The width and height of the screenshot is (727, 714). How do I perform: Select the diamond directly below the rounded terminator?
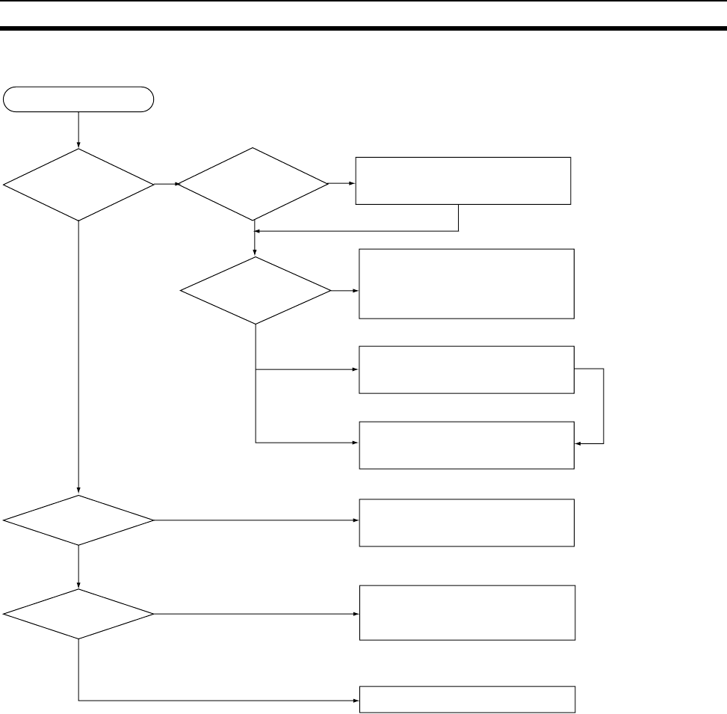pyautogui.click(x=78, y=184)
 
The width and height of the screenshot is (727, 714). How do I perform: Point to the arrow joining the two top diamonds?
pyautogui.click(x=166, y=184)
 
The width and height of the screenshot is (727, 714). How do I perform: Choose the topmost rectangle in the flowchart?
pyautogui.click(x=463, y=180)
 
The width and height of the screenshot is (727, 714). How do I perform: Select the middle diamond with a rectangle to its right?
pyautogui.click(x=256, y=290)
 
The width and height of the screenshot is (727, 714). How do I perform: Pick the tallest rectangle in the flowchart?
pyautogui.click(x=467, y=284)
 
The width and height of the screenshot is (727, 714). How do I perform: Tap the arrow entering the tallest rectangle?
pyautogui.click(x=345, y=290)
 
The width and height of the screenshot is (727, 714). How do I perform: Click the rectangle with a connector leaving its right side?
pyautogui.click(x=467, y=369)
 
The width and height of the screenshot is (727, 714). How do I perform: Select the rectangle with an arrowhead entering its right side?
pyautogui.click(x=467, y=445)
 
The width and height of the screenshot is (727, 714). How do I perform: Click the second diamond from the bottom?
pyautogui.click(x=78, y=520)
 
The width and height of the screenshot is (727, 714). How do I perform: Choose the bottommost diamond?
pyautogui.click(x=78, y=614)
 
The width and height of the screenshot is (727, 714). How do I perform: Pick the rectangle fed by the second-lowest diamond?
pyautogui.click(x=467, y=523)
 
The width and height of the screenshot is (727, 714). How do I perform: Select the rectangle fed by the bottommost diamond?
pyautogui.click(x=467, y=612)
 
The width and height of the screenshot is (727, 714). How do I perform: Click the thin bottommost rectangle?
pyautogui.click(x=467, y=700)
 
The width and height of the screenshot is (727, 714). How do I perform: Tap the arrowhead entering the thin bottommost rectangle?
pyautogui.click(x=356, y=701)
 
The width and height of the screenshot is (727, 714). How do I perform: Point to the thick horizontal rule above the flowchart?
pyautogui.click(x=363, y=29)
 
